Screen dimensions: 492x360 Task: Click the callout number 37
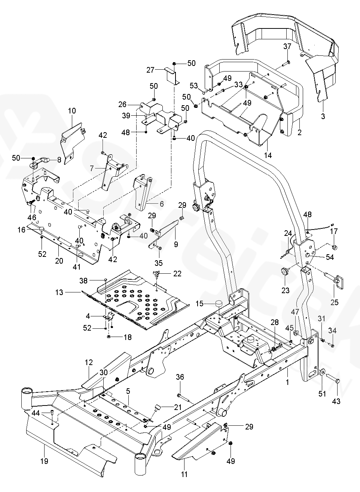click(287, 46)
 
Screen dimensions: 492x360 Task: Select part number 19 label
click(44, 461)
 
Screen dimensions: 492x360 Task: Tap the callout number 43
click(336, 401)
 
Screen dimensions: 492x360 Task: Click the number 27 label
click(150, 70)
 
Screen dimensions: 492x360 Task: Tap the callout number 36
click(180, 377)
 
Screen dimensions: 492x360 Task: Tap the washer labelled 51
click(322, 373)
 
